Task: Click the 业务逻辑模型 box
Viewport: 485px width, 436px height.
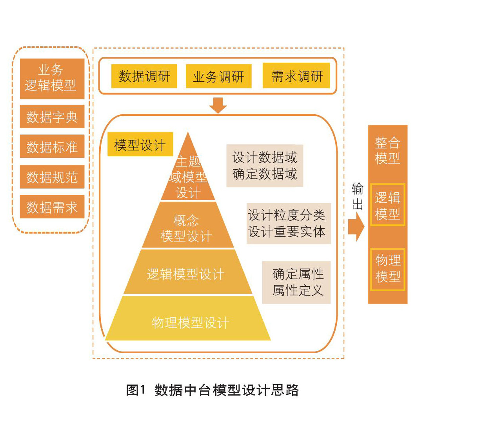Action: [52, 78]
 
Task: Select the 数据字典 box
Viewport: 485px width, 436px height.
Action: [52, 117]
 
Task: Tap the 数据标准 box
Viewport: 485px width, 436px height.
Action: [52, 147]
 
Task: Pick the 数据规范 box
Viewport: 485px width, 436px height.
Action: [52, 177]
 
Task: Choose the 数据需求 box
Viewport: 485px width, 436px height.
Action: [52, 207]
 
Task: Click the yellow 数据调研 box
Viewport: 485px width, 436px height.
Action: [144, 76]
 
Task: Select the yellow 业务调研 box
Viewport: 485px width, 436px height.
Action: [218, 76]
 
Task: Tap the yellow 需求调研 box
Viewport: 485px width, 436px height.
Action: [296, 76]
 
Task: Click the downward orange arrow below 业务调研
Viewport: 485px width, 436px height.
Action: [218, 105]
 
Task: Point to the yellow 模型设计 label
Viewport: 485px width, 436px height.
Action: [140, 145]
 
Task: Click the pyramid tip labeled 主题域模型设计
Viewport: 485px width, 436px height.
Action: [188, 177]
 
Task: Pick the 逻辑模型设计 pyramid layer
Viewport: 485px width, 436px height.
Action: [187, 273]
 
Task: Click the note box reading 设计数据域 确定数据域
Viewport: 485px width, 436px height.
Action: [265, 166]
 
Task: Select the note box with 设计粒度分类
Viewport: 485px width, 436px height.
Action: [289, 223]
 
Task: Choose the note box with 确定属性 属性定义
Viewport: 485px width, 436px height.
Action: [296, 282]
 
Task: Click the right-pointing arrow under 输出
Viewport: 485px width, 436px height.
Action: [356, 227]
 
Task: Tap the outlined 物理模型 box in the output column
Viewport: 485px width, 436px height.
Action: [388, 269]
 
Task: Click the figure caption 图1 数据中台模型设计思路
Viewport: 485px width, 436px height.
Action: [212, 390]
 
